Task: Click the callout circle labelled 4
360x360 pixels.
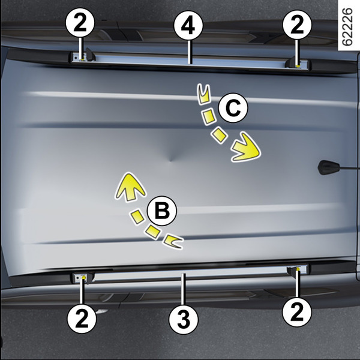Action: click(188, 25)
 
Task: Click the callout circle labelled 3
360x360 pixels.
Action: click(183, 319)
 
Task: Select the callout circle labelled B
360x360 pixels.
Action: click(162, 211)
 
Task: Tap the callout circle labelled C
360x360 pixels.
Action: click(233, 108)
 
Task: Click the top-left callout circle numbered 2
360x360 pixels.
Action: click(80, 24)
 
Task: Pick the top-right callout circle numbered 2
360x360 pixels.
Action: click(297, 25)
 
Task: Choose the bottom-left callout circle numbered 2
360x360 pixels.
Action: click(82, 319)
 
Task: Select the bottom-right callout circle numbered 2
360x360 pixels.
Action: click(297, 311)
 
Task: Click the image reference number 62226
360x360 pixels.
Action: click(347, 27)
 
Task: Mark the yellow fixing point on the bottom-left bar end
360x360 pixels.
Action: click(84, 278)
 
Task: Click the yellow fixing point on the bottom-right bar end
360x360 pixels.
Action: click(298, 268)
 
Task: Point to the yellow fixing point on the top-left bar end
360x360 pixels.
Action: click(82, 60)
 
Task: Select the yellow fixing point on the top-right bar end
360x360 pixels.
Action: click(298, 67)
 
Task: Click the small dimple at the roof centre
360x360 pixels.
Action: click(170, 160)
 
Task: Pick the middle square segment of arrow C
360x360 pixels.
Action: click(208, 117)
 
